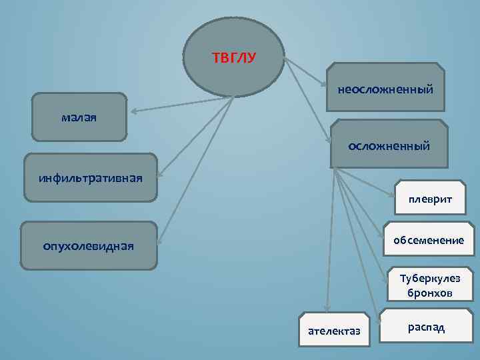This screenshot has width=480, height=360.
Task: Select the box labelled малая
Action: tap(79, 117)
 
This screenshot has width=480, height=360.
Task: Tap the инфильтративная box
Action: tap(90, 177)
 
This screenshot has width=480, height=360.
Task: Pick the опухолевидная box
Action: tap(89, 246)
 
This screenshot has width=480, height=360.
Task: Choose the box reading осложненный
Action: tap(389, 145)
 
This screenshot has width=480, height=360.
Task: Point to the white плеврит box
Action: tap(430, 199)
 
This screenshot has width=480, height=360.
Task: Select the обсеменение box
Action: tap(428, 239)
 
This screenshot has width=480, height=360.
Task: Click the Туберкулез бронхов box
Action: tap(430, 286)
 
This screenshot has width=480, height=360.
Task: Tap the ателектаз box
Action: tap(333, 330)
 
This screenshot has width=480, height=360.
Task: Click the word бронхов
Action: tap(430, 293)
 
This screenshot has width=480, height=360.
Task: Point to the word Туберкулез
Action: tap(430, 279)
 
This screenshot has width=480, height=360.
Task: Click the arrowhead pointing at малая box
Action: tap(132, 111)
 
